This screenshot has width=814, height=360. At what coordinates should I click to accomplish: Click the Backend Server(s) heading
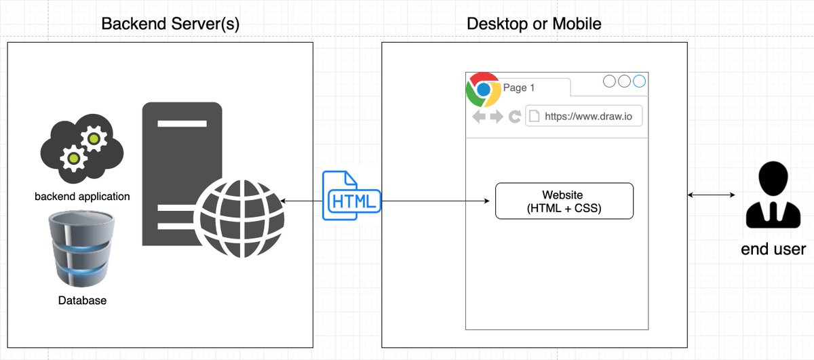(x=170, y=24)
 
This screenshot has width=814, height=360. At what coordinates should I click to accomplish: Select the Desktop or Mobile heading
(x=534, y=24)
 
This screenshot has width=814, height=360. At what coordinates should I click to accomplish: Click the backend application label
(x=82, y=197)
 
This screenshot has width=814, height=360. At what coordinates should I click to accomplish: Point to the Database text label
(x=81, y=300)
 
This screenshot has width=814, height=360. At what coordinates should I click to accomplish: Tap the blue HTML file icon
(x=350, y=195)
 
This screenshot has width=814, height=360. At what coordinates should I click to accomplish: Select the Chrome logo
(x=483, y=89)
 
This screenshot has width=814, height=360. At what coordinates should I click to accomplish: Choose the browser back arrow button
(x=479, y=117)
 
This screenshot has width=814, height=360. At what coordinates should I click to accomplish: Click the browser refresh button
(x=514, y=117)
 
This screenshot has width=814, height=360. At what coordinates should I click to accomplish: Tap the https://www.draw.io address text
(x=588, y=117)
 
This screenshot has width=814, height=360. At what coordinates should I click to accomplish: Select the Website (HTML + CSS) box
(x=564, y=201)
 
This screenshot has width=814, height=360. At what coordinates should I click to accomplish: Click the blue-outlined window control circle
(x=640, y=82)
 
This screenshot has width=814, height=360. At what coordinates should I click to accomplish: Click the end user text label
(x=773, y=249)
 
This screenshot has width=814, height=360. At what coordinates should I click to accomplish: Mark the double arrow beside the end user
(x=711, y=195)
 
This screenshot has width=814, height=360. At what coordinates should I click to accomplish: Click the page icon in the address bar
(x=534, y=116)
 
